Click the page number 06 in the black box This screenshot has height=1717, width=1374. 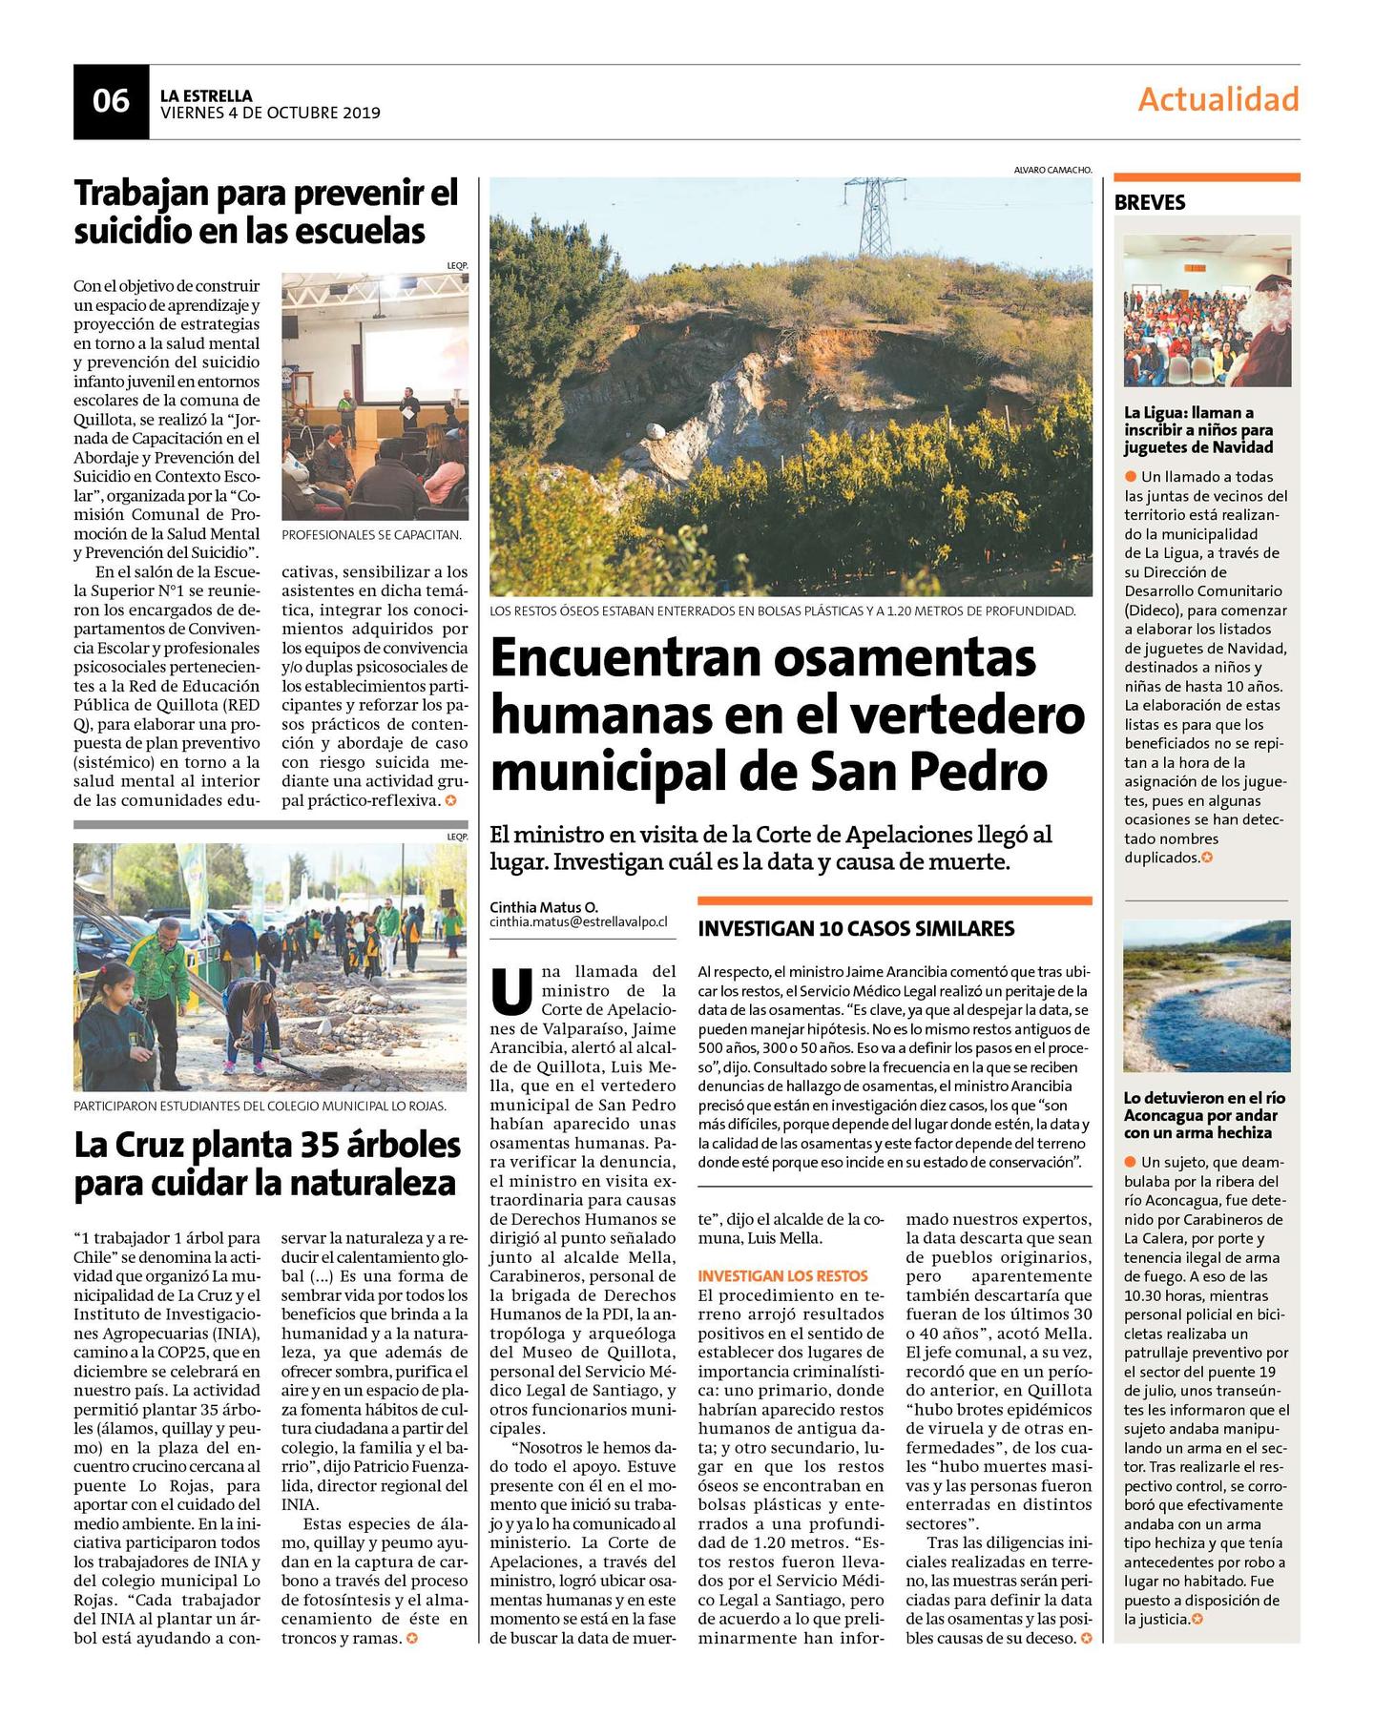coord(111,101)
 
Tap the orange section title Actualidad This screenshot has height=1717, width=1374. coord(1218,99)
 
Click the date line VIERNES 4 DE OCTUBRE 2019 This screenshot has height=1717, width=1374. coord(270,113)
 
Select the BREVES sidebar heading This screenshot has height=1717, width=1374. coord(1150,202)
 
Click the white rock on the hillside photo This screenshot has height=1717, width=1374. coord(656,430)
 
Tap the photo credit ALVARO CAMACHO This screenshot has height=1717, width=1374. coord(1052,170)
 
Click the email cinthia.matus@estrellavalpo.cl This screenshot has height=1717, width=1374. coord(578,922)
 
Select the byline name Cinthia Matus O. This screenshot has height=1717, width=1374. coord(544,906)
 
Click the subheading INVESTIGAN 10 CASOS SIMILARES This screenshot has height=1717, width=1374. coord(856,928)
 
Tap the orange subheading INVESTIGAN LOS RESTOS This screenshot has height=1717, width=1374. coord(782,1275)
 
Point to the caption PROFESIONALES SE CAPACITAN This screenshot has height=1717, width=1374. coord(371,535)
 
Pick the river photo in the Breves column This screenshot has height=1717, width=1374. coord(1206,996)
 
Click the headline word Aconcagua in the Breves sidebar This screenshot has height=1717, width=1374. coord(1166,1115)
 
